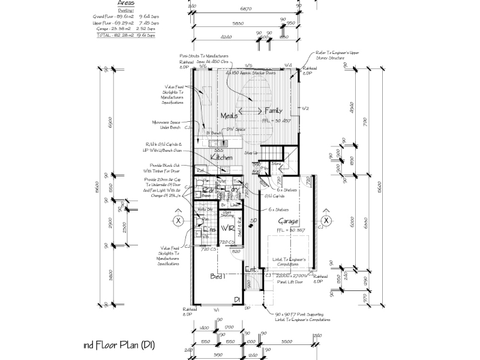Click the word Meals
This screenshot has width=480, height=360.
[x=229, y=115]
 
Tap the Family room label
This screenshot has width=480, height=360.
[x=274, y=110]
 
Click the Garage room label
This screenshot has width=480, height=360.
[x=288, y=221]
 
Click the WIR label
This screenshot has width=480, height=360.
[x=227, y=229]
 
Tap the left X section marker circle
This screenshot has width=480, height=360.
[x=178, y=221]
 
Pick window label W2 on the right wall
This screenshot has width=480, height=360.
[x=305, y=109]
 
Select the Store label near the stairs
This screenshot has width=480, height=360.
[x=277, y=163]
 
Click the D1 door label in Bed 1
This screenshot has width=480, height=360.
[x=237, y=299]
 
